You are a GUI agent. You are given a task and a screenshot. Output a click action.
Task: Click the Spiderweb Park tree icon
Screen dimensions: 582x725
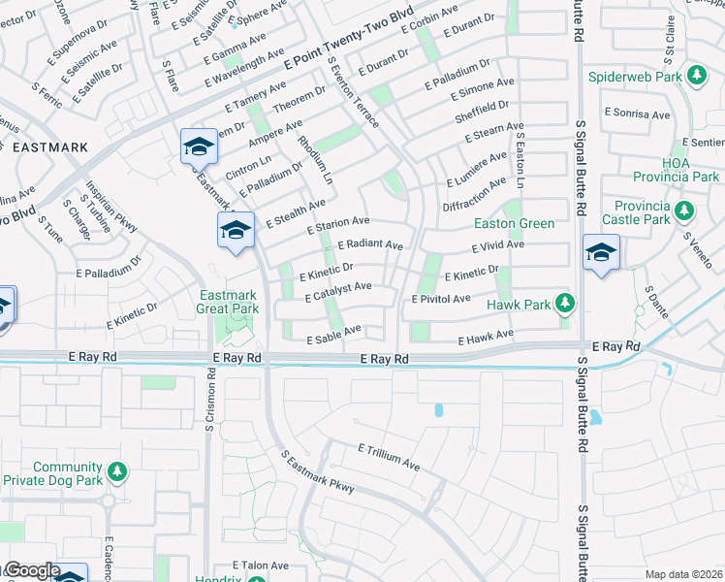pyautogui.click(x=695, y=75)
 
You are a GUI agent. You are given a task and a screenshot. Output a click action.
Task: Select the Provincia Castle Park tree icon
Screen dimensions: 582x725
pyautogui.click(x=684, y=210)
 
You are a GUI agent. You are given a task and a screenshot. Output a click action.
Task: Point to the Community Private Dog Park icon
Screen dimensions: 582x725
pyautogui.click(x=117, y=472)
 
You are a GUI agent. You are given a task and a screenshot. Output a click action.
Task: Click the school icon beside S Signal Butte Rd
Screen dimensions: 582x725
pyautogui.click(x=601, y=253)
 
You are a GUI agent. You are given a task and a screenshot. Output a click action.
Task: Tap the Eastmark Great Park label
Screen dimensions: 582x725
pyautogui.click(x=229, y=302)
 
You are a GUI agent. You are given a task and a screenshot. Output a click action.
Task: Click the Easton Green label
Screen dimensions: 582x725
pyautogui.click(x=514, y=223)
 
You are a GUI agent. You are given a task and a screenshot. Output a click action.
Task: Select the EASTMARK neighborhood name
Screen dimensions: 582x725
pyautogui.click(x=50, y=147)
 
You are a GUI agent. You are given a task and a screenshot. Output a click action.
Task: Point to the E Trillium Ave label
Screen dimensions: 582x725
pyautogui.click(x=388, y=457)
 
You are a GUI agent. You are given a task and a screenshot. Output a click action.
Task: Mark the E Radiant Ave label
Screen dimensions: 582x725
pyautogui.click(x=369, y=245)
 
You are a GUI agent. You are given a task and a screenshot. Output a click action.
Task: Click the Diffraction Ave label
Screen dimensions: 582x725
pyautogui.click(x=474, y=194)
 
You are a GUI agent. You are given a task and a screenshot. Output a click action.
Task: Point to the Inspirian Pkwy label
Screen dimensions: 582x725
pyautogui.click(x=111, y=207)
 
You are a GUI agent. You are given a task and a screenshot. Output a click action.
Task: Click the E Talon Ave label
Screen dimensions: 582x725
pyautogui.click(x=261, y=565)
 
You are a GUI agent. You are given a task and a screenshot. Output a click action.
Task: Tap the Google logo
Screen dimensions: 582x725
pyautogui.click(x=32, y=570)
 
